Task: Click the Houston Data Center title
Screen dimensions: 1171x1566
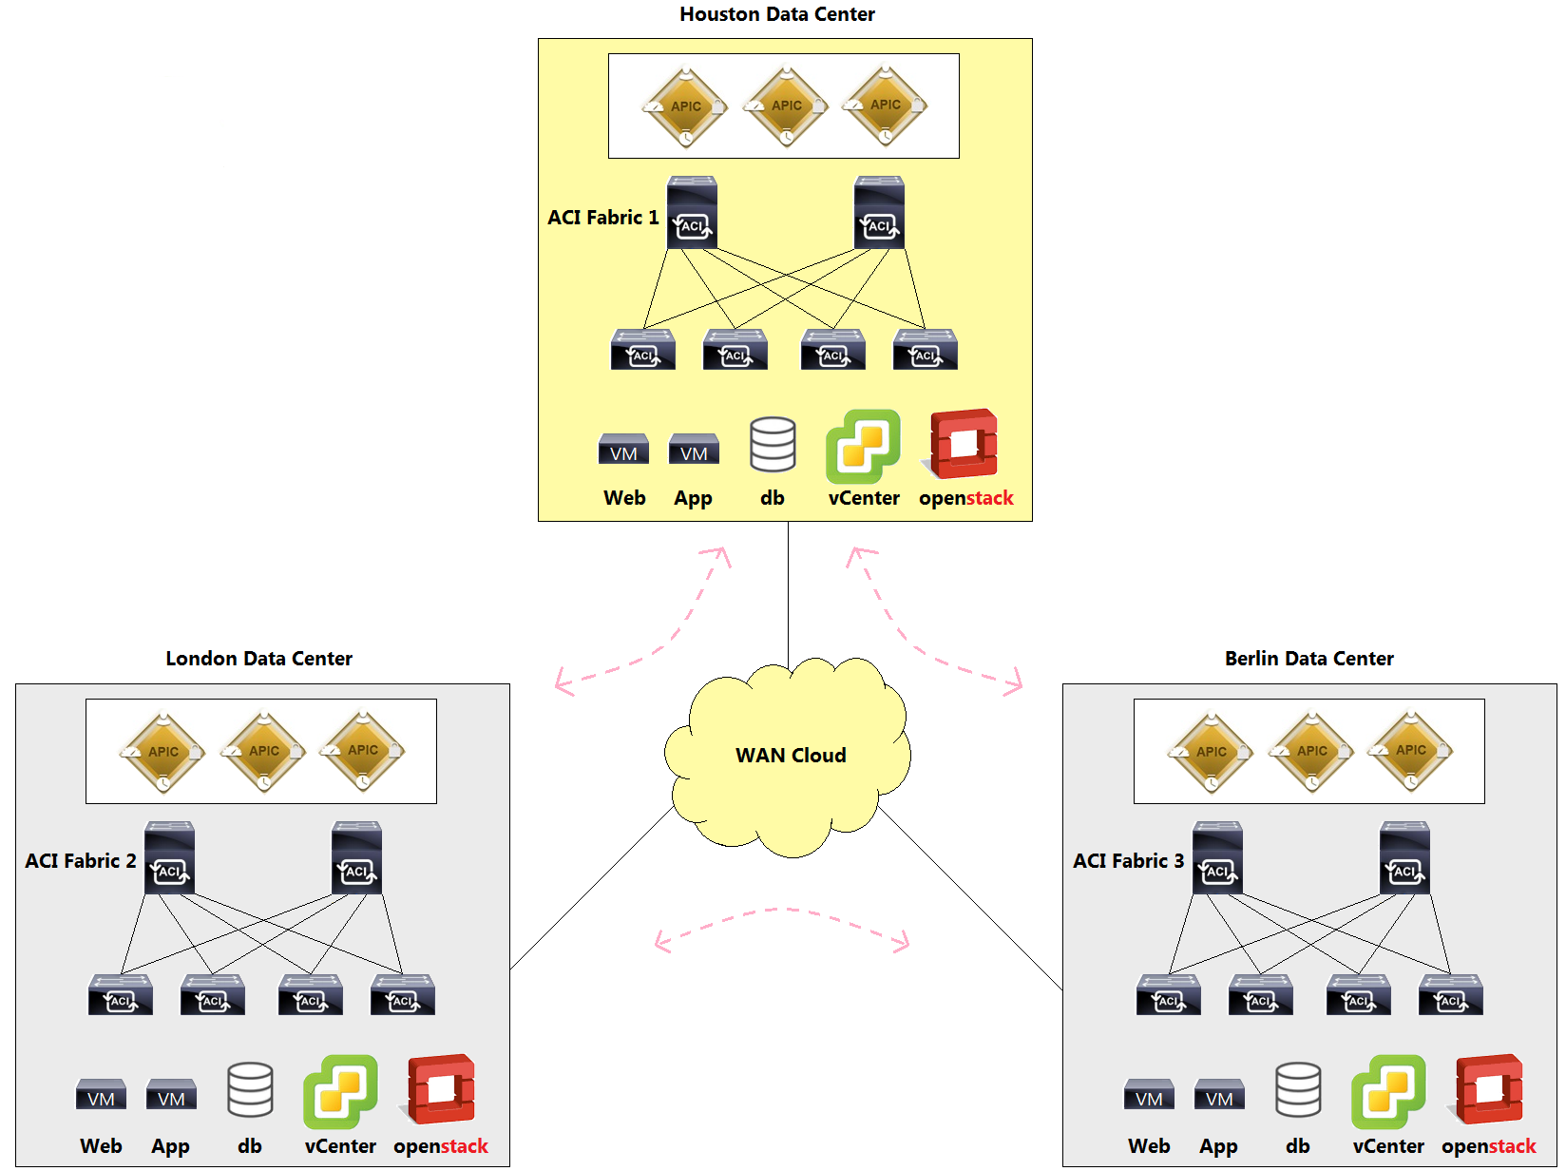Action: click(x=777, y=14)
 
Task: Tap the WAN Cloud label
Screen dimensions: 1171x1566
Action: click(x=791, y=756)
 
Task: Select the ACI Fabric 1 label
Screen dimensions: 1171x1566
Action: click(x=602, y=218)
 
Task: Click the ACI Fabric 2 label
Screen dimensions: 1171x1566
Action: click(x=81, y=861)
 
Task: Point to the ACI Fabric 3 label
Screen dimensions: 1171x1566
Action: click(x=1128, y=861)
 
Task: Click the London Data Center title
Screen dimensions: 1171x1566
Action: click(x=258, y=659)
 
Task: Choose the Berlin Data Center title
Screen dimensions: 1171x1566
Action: click(x=1308, y=659)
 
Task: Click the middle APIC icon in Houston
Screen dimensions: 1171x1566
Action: click(x=786, y=106)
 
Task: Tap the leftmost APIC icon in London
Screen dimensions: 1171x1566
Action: click(x=162, y=752)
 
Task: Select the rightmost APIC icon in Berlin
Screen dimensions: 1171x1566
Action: click(x=1410, y=751)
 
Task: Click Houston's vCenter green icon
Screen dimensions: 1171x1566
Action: click(x=862, y=446)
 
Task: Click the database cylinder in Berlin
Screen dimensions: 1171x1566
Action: click(x=1298, y=1089)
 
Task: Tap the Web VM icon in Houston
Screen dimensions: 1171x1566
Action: click(x=623, y=449)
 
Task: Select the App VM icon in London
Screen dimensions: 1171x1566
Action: click(x=171, y=1094)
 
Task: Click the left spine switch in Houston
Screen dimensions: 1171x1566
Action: click(x=692, y=213)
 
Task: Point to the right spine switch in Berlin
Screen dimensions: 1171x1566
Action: click(x=1404, y=858)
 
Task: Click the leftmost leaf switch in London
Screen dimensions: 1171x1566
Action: click(x=121, y=995)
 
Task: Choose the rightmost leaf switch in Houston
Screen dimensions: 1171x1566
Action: click(x=925, y=350)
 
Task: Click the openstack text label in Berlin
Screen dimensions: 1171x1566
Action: click(x=1488, y=1146)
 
